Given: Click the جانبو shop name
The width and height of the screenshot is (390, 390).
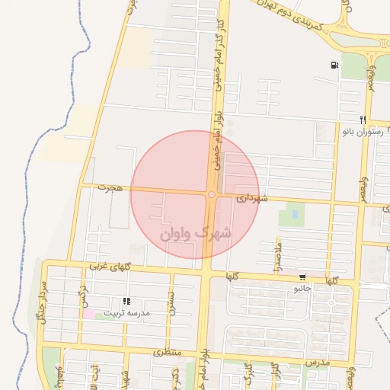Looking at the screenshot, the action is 303,289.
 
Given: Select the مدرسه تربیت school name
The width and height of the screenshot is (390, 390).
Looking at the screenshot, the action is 127,313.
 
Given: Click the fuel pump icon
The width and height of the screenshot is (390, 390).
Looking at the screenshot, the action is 335,65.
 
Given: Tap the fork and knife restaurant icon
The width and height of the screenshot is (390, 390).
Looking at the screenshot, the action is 363,119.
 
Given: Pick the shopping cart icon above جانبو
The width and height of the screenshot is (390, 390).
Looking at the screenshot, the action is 303,278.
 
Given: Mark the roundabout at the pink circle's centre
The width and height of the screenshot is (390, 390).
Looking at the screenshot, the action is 211,195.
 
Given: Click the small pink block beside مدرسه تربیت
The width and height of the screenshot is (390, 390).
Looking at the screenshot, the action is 89,314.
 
